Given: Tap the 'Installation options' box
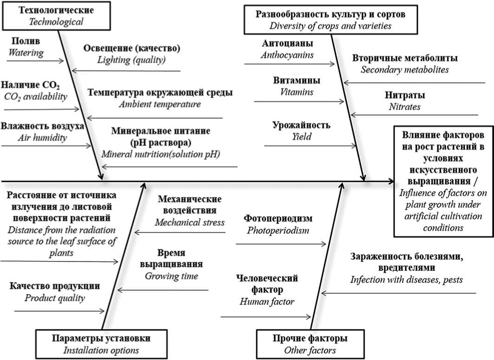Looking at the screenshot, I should (x=101, y=344).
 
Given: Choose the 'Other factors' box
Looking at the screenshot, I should (x=310, y=344).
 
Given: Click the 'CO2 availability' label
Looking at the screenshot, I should (x=36, y=96).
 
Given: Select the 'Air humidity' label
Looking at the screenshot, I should (x=43, y=137).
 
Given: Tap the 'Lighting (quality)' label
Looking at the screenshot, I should (x=132, y=60).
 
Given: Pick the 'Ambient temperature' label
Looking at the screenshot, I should (x=160, y=104).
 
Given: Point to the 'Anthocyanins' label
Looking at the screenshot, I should (x=287, y=55).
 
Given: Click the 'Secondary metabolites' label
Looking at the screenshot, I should (x=405, y=70).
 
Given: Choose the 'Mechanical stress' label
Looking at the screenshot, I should (x=190, y=222).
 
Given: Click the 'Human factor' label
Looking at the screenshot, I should (x=267, y=301).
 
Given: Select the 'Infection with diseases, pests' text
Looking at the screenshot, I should (x=407, y=280).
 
